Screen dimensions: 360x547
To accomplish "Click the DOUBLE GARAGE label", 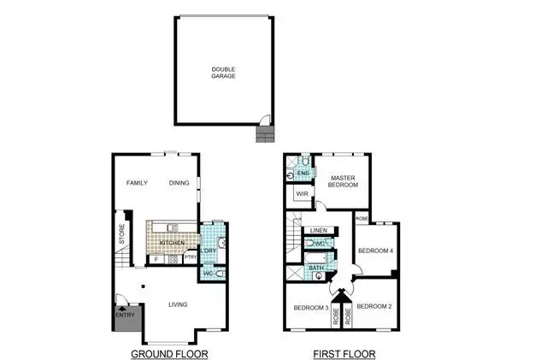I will coord(224,72).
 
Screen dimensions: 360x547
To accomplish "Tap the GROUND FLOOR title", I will coord(169,352).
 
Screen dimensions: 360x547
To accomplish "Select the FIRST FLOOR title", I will coord(340,352).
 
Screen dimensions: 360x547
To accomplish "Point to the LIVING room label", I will coord(178,304).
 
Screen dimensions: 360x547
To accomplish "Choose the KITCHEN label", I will coord(172,244).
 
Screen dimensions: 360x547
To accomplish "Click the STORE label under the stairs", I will coord(121,234).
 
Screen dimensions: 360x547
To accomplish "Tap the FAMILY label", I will coord(138,183).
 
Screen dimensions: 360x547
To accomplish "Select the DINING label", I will coord(179,183).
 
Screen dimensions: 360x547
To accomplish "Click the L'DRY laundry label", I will coord(209,250).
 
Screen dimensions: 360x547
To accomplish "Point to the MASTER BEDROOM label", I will coord(343,180).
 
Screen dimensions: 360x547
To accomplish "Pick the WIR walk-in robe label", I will coord(302,195).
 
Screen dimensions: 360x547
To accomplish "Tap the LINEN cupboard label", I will coord(319,231).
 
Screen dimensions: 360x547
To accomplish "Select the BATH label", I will coord(315,268).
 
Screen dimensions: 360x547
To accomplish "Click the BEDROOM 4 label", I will coord(374,251).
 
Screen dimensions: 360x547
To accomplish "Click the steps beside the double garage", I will coord(263,133).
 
